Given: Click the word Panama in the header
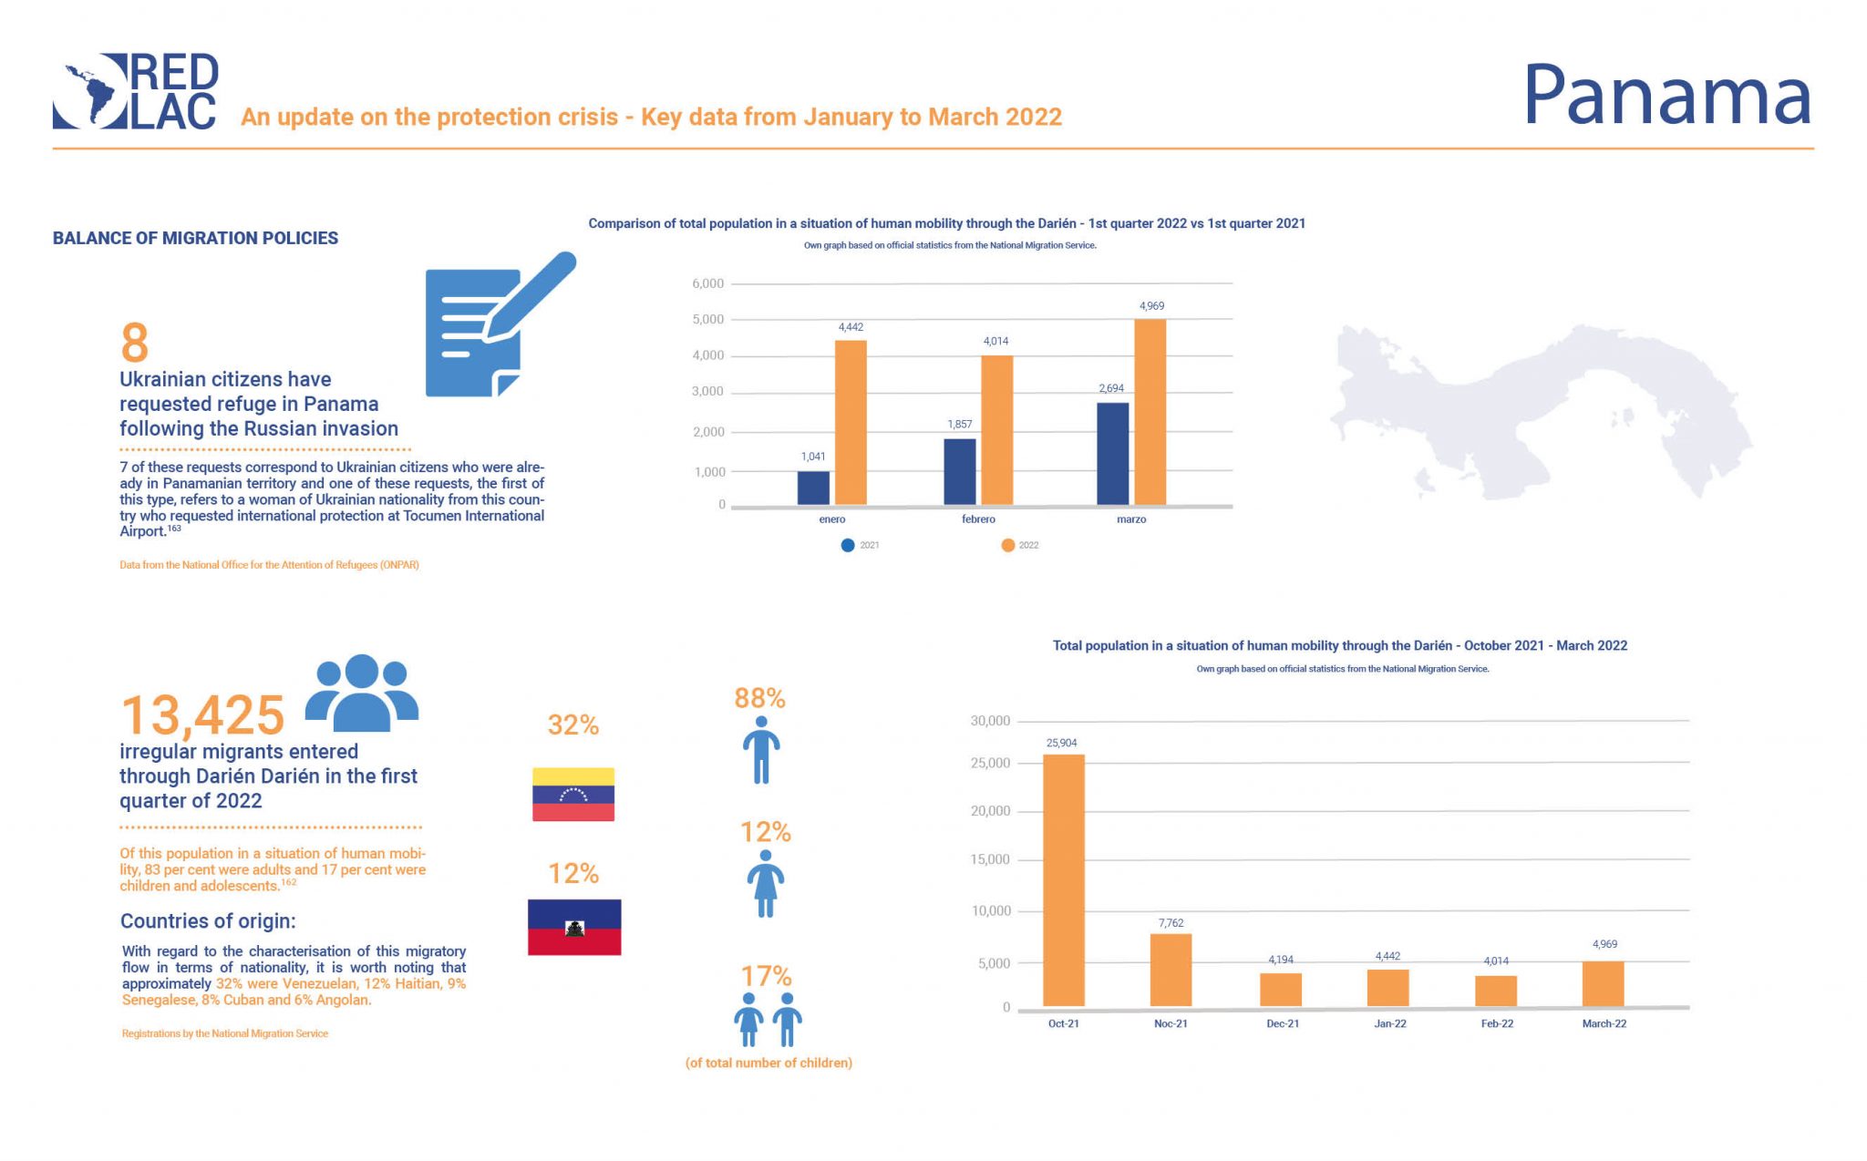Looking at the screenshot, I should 1666,95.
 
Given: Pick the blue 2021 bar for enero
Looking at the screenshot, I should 813,488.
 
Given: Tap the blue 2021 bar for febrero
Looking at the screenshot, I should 959,471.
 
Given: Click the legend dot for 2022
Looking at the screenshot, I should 1007,545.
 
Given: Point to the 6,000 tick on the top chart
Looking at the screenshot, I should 708,283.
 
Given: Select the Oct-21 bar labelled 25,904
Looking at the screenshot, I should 1063,879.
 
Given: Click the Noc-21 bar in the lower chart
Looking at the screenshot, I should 1171,970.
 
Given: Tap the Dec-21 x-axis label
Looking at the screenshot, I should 1282,1023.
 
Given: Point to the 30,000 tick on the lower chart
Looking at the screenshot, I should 990,721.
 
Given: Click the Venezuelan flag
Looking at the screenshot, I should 573,794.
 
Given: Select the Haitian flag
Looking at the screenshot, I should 574,927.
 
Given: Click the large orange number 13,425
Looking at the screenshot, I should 202,715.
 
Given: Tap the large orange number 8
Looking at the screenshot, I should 134,344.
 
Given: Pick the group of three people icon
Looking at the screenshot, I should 361,693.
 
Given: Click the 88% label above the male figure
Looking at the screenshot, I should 759,698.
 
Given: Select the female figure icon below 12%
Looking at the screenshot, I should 765,883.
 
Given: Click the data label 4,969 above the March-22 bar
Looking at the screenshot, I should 1604,944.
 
